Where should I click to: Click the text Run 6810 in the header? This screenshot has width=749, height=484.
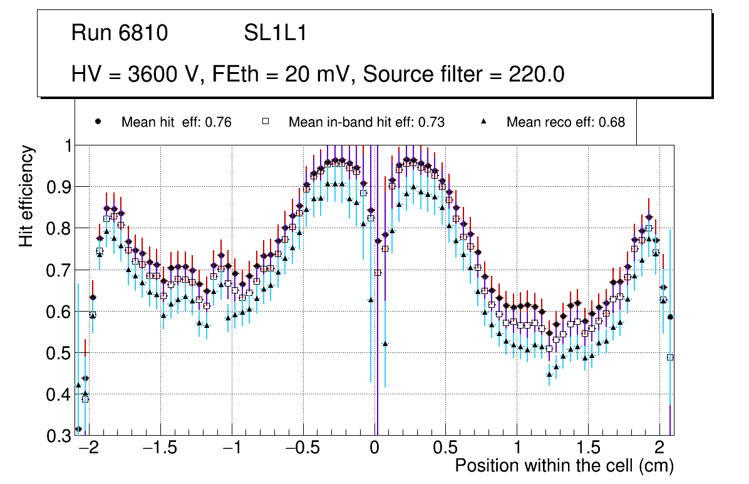pos(120,33)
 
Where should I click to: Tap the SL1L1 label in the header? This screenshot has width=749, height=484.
pos(276,33)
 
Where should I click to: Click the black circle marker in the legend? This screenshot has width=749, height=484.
pos(97,122)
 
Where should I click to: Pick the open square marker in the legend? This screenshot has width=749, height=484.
pos(265,122)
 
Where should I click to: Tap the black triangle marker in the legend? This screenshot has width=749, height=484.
pos(483,122)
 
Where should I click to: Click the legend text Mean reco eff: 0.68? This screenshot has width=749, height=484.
pos(566,122)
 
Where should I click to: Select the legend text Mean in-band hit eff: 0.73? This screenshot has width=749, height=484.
pos(366,122)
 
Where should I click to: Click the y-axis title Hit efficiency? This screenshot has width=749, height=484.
pos(26,196)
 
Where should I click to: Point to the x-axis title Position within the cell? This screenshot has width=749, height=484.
pos(564,466)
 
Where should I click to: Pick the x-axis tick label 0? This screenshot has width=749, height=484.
pos(374,449)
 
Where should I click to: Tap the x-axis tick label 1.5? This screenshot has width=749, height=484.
pos(588,449)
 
